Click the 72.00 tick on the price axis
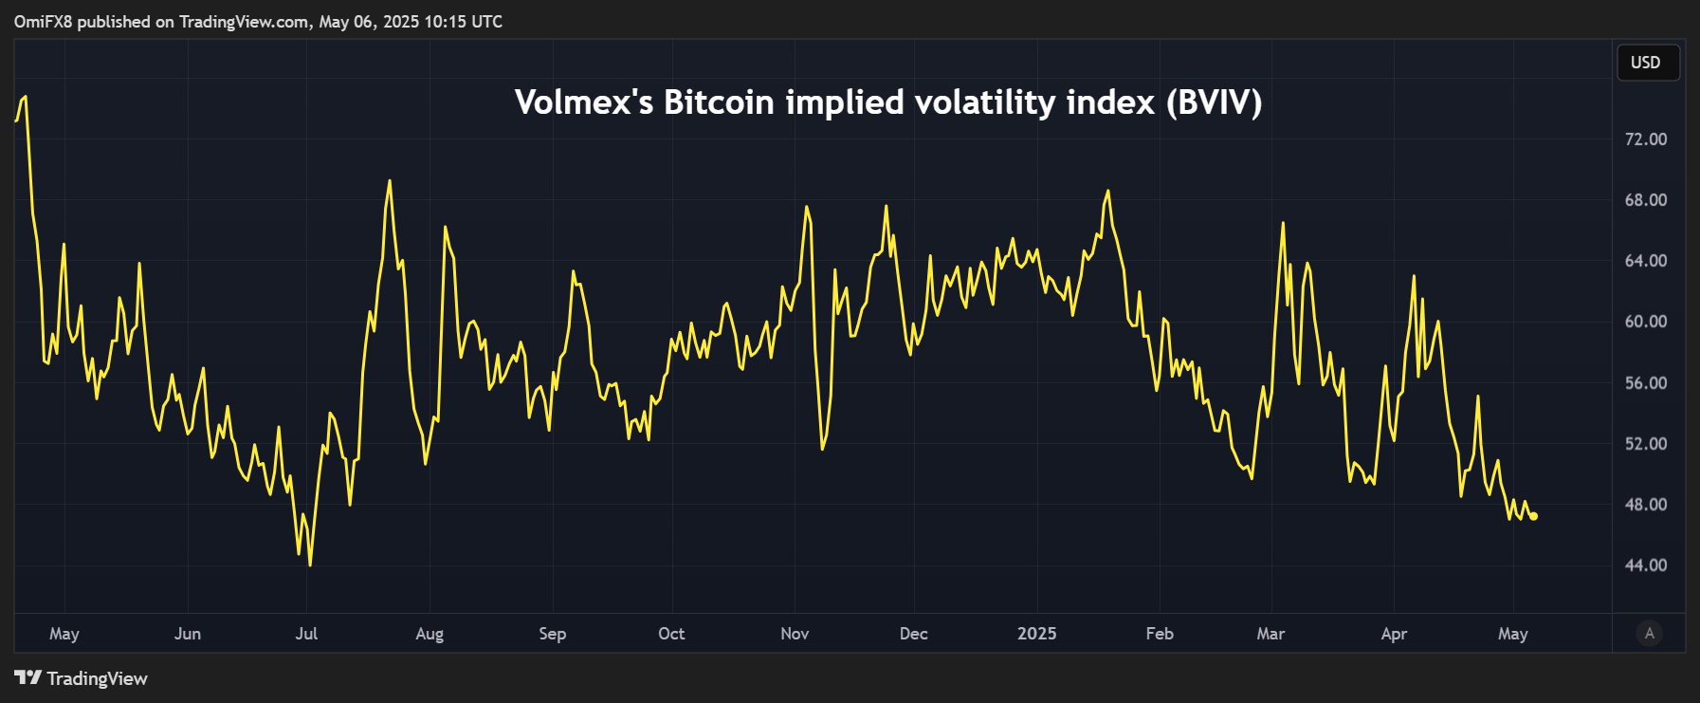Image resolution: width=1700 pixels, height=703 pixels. pos(1645,139)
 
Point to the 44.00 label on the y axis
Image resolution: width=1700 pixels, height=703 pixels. pos(1645,565)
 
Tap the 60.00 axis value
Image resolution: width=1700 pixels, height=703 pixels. pos(1645,322)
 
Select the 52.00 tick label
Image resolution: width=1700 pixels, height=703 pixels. pos(1645,444)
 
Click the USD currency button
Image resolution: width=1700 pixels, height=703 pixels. pos(1647,63)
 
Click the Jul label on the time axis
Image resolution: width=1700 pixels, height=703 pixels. pos(306,634)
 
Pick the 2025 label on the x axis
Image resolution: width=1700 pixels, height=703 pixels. pos(1036,634)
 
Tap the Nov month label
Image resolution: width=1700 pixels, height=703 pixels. pos(795,634)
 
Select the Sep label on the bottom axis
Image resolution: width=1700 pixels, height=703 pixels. pos(552,634)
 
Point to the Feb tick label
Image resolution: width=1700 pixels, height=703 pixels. pos(1159,634)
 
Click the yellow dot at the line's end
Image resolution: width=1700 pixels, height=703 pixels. pos(1533,516)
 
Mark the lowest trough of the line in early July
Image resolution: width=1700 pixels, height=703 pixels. pos(310,564)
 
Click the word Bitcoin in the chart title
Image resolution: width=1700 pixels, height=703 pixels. pos(719,102)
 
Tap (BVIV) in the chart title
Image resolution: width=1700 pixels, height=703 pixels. pos(1214,102)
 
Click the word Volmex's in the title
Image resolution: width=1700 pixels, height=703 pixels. pos(583,102)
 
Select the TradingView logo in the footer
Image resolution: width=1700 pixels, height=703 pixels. pos(81,678)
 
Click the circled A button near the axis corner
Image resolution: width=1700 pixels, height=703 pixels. pos(1649,634)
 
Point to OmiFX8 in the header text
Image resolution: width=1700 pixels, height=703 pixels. pos(43,21)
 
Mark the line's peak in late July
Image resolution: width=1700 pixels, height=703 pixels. pos(389,181)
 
